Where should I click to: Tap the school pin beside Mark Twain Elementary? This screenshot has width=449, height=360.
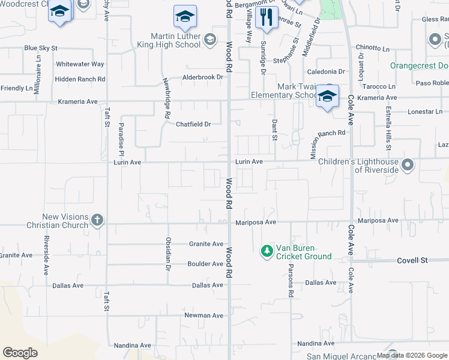point(328,96)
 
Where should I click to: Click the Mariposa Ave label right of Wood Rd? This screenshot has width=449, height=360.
point(256,222)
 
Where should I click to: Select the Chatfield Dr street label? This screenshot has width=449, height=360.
point(193,124)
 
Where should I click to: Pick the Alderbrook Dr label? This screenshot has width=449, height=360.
point(203,77)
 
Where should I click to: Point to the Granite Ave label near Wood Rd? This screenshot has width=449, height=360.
point(206,244)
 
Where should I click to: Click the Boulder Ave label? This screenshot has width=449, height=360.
point(205,264)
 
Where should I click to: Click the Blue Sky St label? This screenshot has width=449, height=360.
point(41,47)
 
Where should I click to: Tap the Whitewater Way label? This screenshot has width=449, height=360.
point(80,64)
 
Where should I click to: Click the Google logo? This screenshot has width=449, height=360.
point(20,353)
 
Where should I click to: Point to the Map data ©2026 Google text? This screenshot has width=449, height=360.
point(411,355)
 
